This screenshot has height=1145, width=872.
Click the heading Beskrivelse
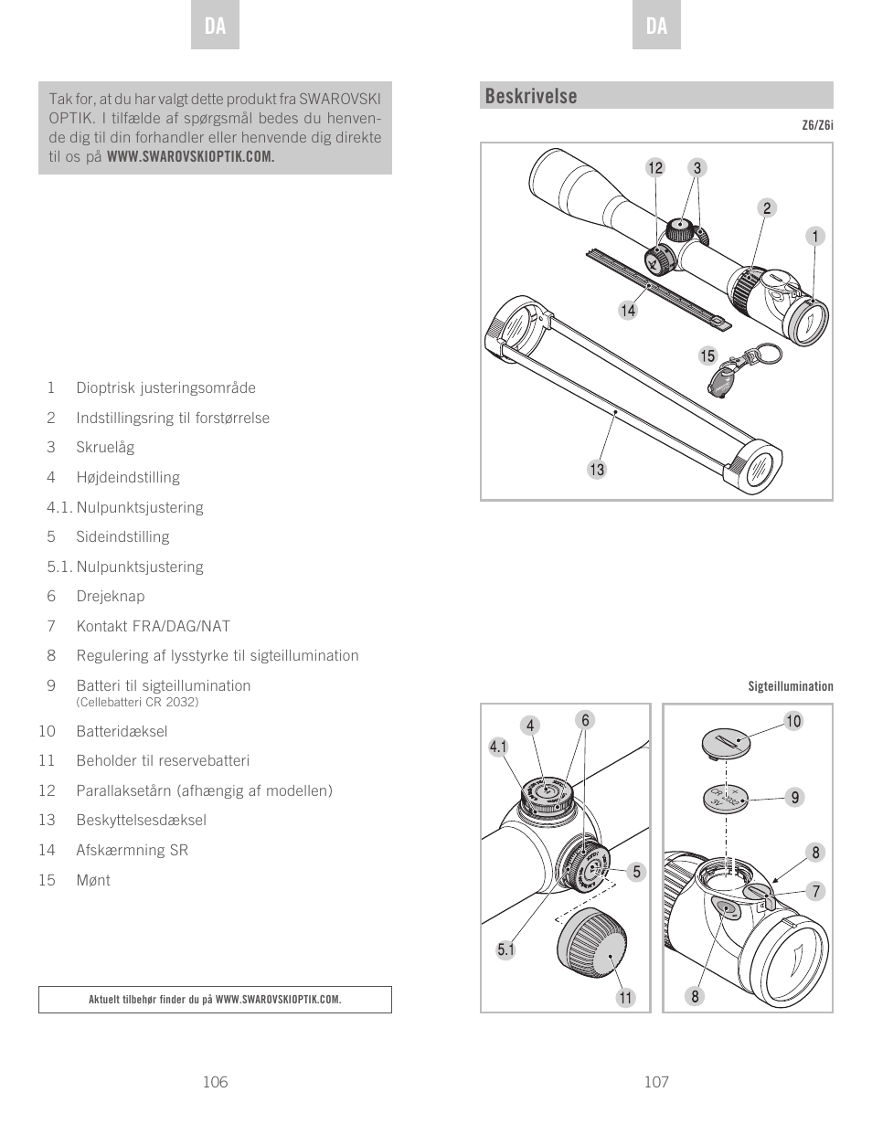tap(531, 96)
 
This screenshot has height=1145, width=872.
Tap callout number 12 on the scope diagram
tap(654, 168)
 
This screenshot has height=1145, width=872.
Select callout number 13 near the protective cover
tap(597, 470)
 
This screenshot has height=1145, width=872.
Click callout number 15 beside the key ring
tap(707, 356)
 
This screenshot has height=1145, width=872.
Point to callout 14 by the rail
tap(628, 311)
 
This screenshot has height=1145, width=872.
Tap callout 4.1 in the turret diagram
tap(498, 747)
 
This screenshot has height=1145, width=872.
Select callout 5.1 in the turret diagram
tap(506, 950)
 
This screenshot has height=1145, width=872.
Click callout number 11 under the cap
tap(625, 998)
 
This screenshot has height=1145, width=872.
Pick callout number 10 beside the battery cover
tap(793, 721)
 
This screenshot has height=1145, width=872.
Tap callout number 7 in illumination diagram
tap(815, 891)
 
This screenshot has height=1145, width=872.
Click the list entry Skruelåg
tap(105, 447)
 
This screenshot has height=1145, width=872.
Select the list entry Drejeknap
tap(111, 596)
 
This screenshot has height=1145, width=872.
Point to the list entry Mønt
tap(93, 880)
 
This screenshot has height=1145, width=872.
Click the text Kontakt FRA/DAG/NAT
tap(153, 626)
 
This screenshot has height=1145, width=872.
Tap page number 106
tap(215, 1082)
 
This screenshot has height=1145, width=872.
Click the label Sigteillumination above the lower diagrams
tap(791, 686)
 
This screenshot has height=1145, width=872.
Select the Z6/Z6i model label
tap(817, 125)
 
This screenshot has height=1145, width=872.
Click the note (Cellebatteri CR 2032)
tap(137, 702)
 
